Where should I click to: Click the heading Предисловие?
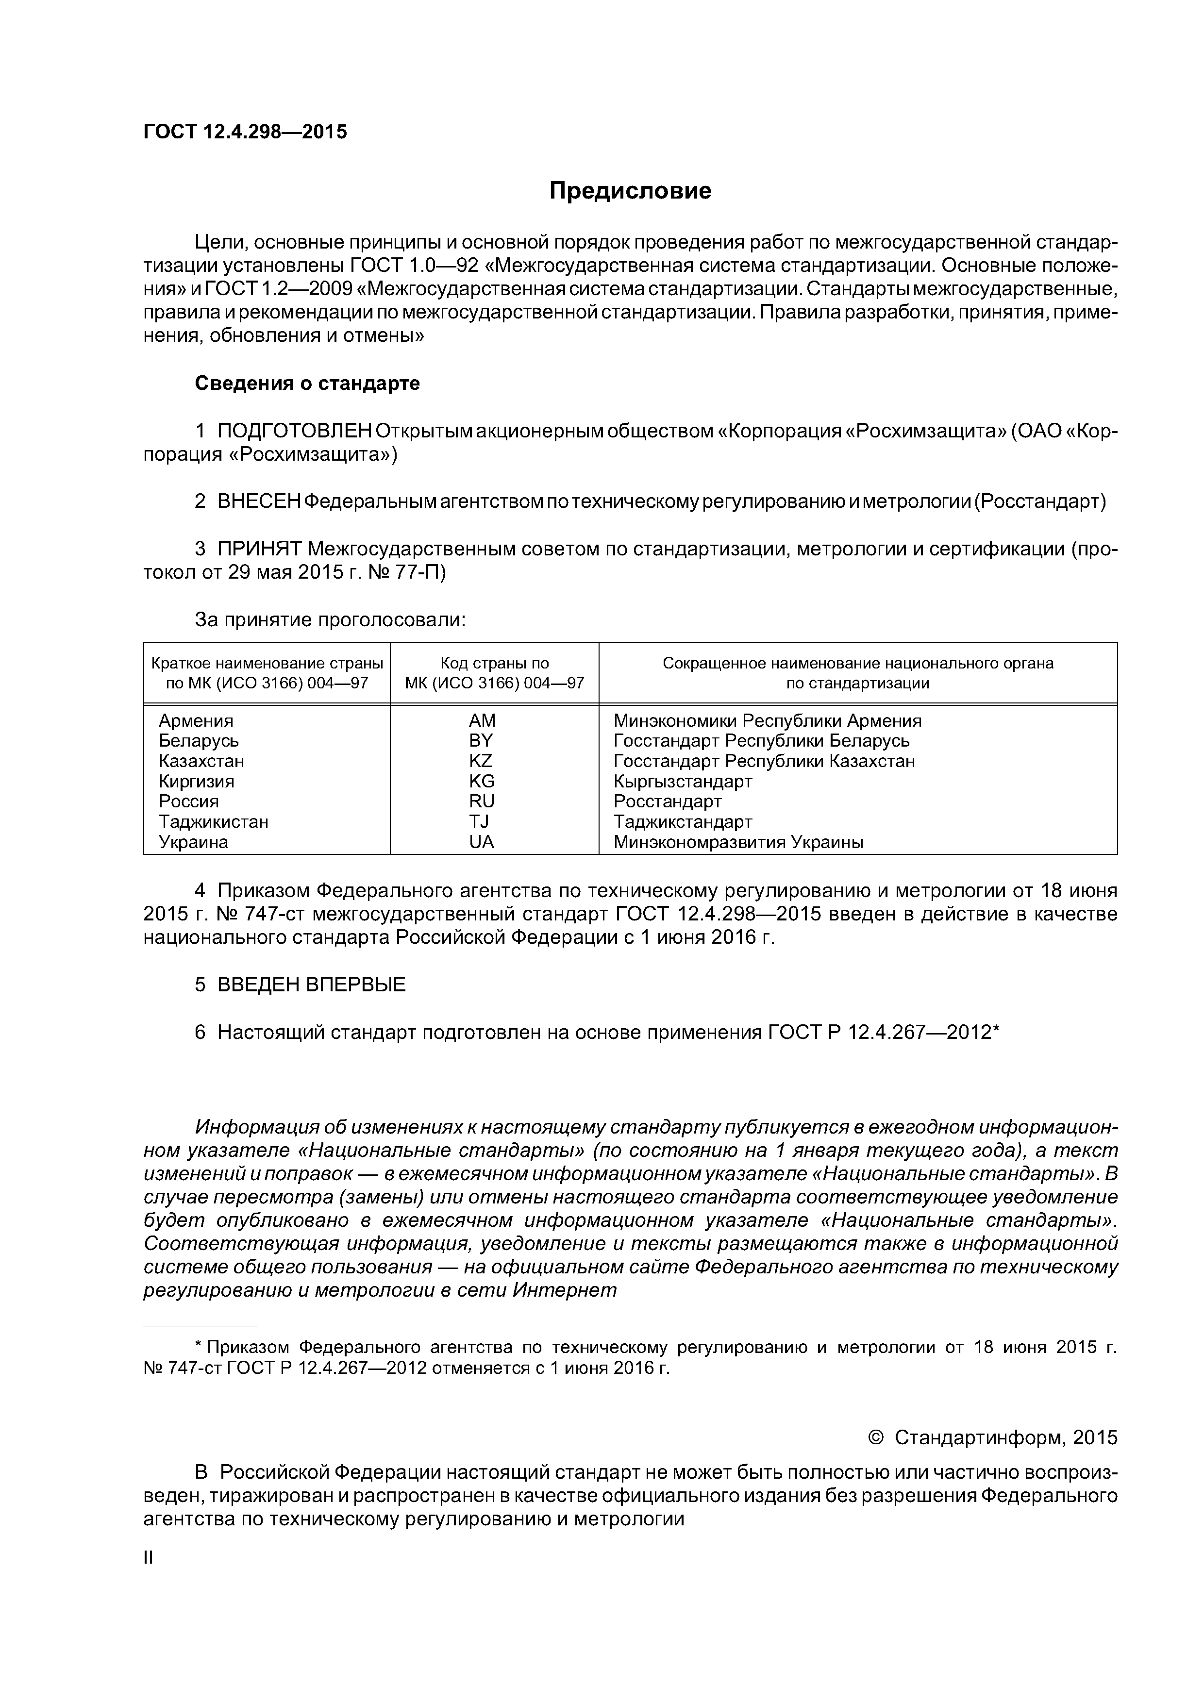(630, 191)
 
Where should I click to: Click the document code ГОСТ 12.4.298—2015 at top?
(245, 132)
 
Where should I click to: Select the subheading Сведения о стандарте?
(307, 384)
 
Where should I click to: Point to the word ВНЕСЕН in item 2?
(259, 502)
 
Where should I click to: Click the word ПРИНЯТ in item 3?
(259, 549)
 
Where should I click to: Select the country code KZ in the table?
(481, 761)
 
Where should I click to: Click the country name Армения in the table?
(196, 721)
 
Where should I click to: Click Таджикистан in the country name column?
(214, 822)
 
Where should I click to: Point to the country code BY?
(481, 741)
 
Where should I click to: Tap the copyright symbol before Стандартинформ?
(875, 1438)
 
